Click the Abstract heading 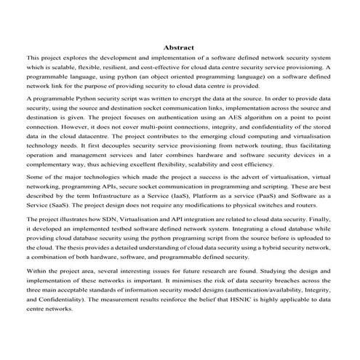(179, 47)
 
